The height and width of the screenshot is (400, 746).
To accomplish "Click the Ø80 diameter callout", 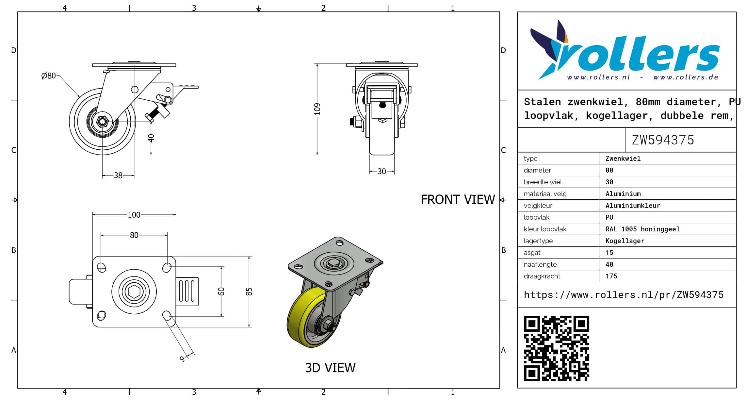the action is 48,76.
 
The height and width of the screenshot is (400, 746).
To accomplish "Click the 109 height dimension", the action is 317,109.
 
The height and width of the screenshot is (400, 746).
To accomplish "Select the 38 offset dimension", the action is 118,175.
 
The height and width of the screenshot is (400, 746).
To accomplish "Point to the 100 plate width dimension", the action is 134,215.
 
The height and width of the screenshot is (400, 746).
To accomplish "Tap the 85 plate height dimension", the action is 249,292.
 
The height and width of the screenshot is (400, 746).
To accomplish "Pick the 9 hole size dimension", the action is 182,359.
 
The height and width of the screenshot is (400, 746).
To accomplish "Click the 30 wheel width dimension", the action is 381,171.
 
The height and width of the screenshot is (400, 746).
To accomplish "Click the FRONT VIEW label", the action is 458,199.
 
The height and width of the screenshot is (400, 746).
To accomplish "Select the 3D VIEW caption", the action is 330,368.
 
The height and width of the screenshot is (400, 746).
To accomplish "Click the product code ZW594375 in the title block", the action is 663,140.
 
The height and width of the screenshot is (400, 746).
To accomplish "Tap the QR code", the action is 556,348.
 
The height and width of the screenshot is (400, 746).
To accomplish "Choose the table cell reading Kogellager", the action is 625,241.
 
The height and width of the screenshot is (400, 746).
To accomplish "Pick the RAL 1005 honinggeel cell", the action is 642,229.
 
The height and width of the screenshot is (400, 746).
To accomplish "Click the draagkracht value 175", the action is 611,276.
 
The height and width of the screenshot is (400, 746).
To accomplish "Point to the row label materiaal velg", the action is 545,194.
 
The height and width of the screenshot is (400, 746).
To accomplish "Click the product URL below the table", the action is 624,295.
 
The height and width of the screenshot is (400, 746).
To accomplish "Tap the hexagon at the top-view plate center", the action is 134,292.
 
